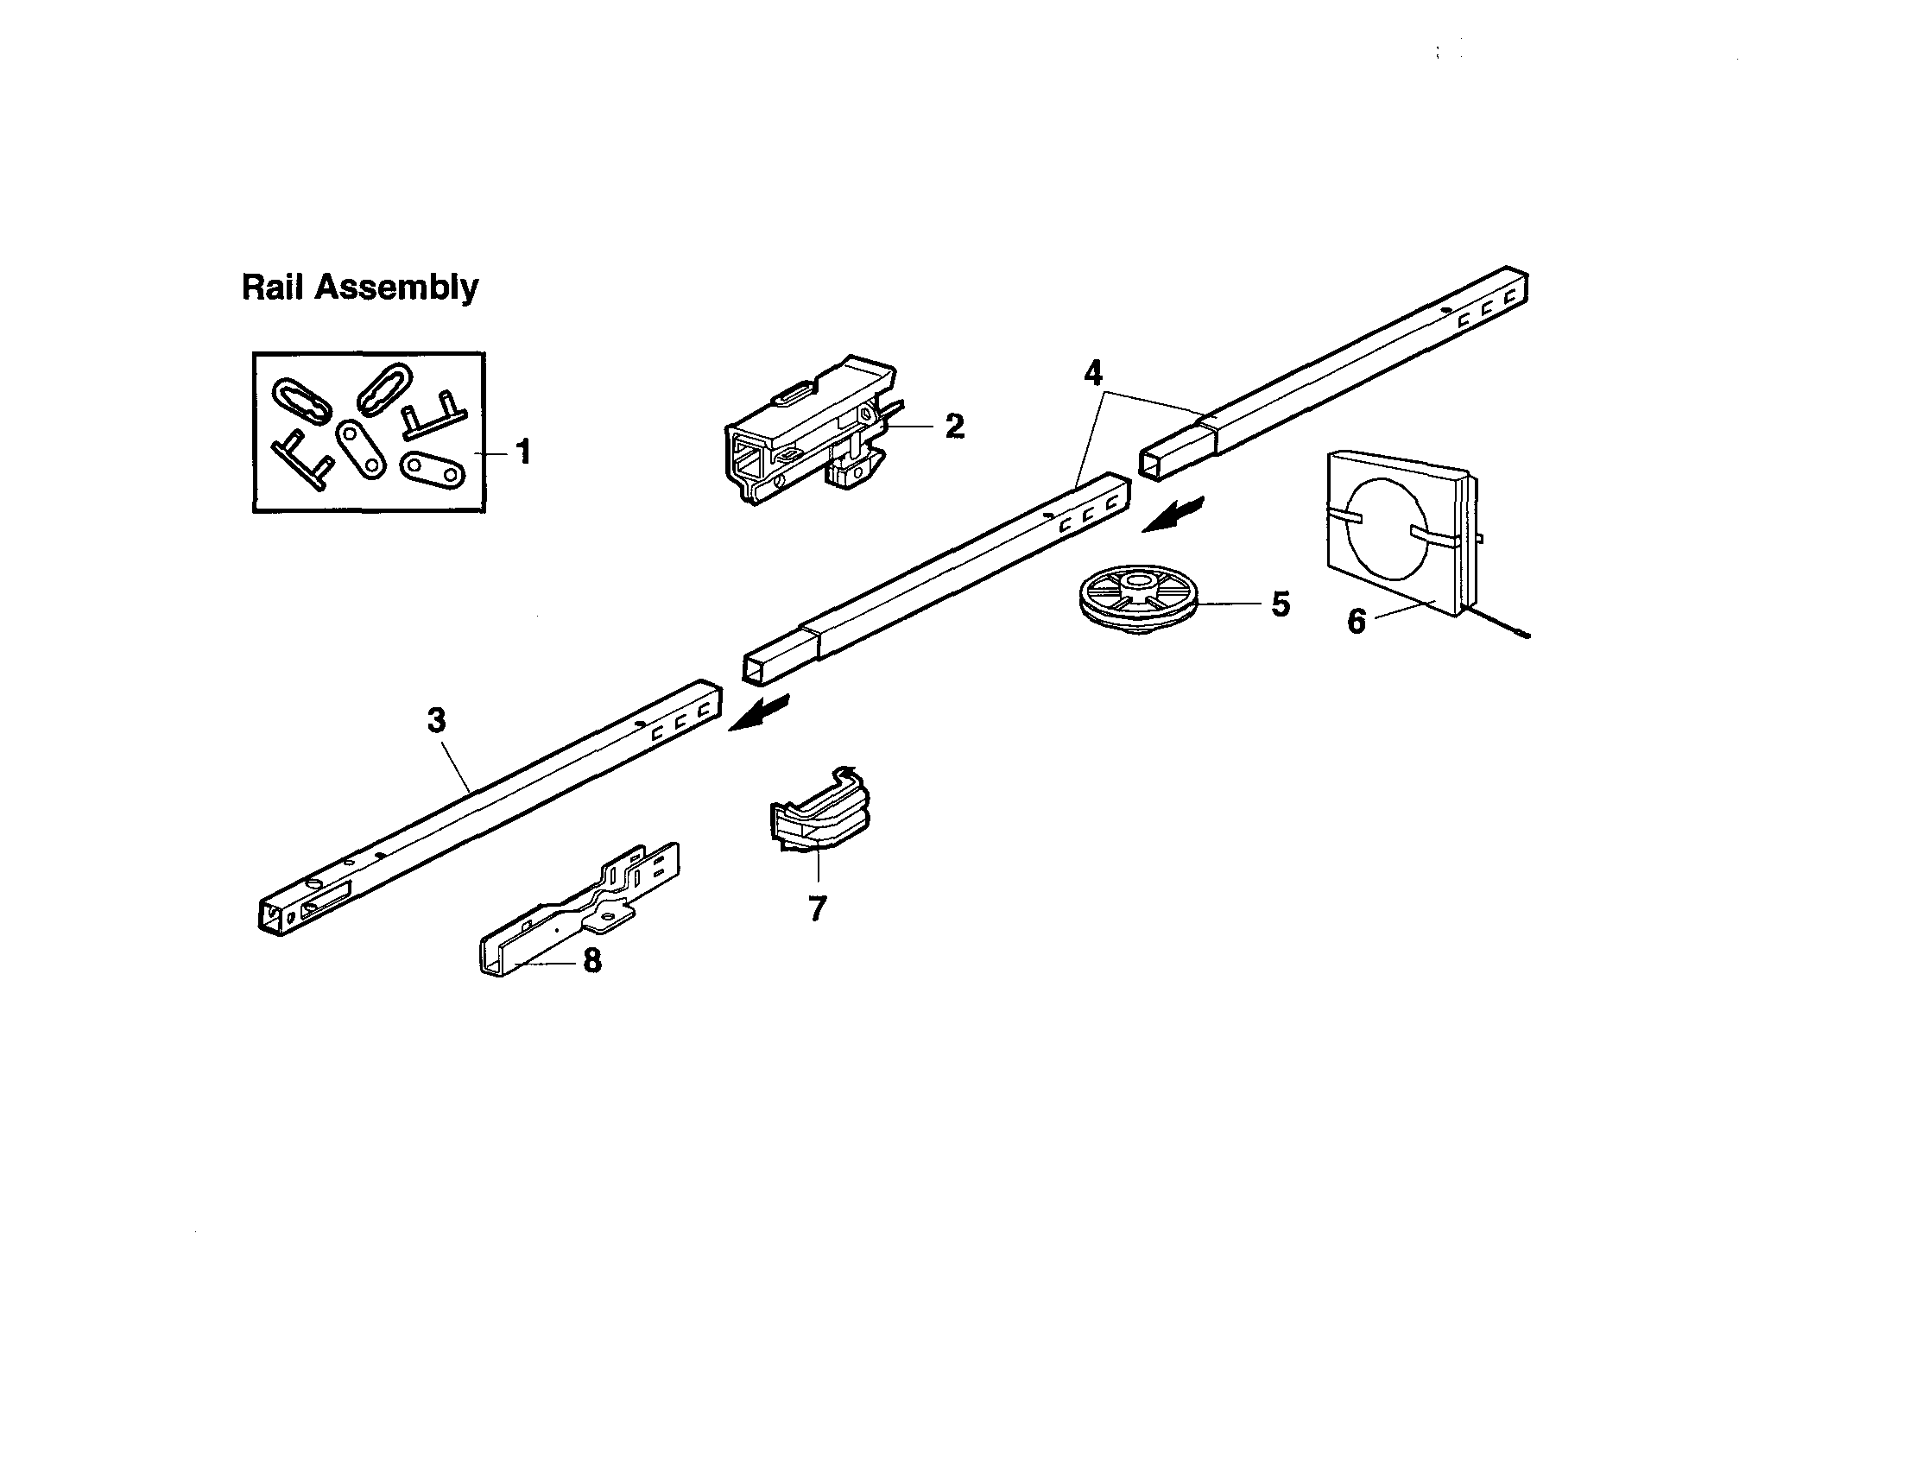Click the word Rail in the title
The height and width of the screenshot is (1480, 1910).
[273, 287]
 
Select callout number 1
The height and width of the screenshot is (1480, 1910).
[523, 452]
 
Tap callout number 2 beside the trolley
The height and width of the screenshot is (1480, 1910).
[954, 426]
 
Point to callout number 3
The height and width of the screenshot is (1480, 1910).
[436, 720]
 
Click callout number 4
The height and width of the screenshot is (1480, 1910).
[1092, 374]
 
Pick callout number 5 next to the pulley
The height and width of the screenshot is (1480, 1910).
[1280, 604]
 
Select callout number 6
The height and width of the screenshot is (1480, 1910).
[1356, 621]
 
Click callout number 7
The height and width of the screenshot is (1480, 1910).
[817, 909]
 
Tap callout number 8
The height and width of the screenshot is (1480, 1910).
[592, 960]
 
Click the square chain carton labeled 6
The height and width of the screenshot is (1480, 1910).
[1400, 534]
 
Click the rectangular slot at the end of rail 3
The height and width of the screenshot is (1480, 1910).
[326, 898]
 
